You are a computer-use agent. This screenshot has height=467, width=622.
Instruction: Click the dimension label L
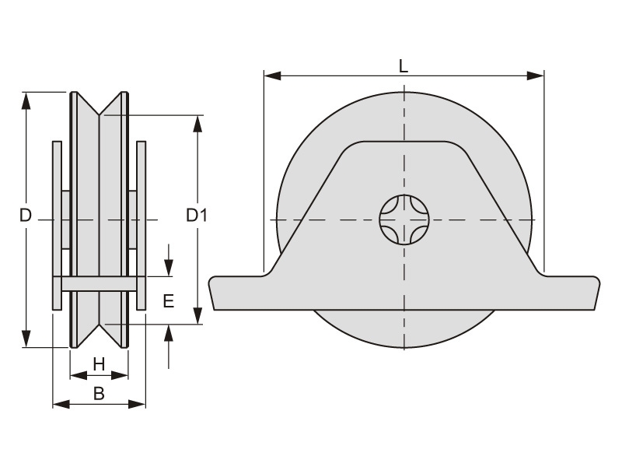(x=403, y=66)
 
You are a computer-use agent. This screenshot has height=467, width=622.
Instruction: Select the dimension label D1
(x=197, y=216)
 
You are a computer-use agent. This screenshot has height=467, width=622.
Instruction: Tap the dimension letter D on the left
(x=26, y=216)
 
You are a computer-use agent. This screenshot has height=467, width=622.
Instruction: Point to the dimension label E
(x=169, y=301)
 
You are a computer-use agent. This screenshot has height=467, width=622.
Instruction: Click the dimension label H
(x=99, y=363)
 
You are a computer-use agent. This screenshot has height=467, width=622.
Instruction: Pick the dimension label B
(x=99, y=394)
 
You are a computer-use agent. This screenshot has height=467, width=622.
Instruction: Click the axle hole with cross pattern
(x=404, y=219)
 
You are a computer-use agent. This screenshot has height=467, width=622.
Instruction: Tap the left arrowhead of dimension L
(x=273, y=75)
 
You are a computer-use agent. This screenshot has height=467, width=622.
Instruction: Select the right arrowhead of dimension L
(x=535, y=75)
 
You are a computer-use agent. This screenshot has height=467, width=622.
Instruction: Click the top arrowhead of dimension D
(x=26, y=100)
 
